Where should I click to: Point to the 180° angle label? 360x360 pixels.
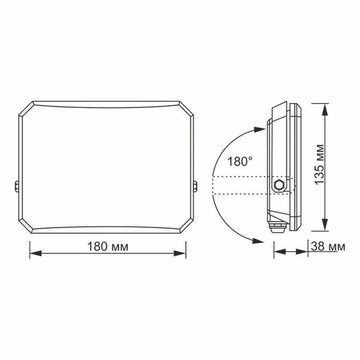coord(240,161)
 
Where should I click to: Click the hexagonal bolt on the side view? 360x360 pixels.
coord(280,185)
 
